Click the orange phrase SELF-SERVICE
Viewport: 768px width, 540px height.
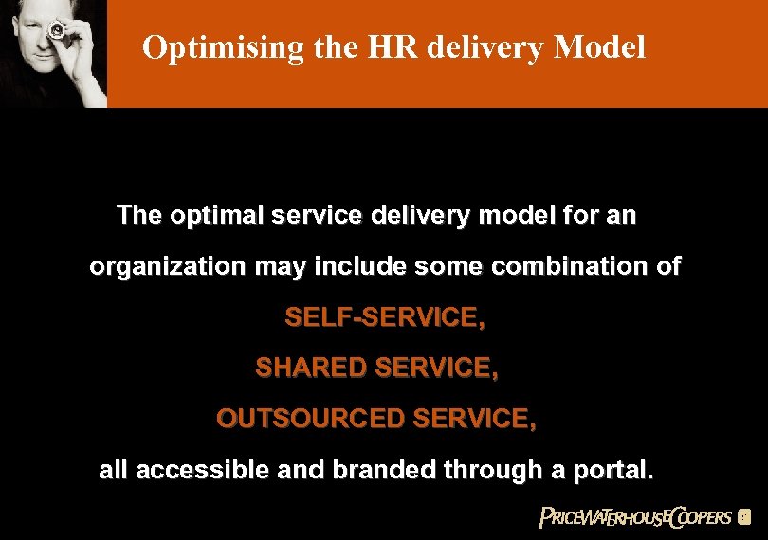(x=385, y=317)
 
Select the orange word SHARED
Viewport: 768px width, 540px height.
(x=312, y=369)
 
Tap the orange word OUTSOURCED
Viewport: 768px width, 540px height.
(x=304, y=418)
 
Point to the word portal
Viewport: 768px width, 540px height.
(x=613, y=469)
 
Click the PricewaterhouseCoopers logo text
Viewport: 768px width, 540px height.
(x=634, y=516)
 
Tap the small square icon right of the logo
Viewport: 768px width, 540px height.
(x=744, y=517)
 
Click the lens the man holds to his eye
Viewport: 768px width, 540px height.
(x=57, y=32)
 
